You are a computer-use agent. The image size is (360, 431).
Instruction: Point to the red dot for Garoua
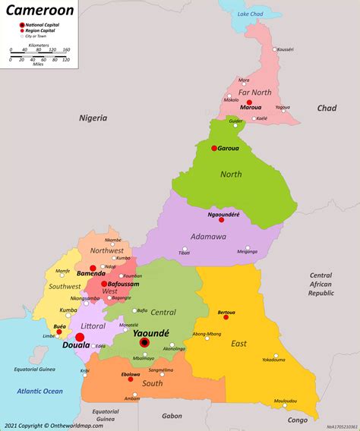pos(214,148)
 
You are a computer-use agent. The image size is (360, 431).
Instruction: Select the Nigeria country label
pos(93,118)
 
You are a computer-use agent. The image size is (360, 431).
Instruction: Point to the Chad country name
pos(327,109)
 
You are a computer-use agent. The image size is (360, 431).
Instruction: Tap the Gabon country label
pos(172,416)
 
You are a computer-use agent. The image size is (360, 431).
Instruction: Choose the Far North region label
pos(254,92)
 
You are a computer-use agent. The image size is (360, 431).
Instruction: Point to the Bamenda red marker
pos(93,267)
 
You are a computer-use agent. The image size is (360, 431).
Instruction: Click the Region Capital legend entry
pos(42,30)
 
